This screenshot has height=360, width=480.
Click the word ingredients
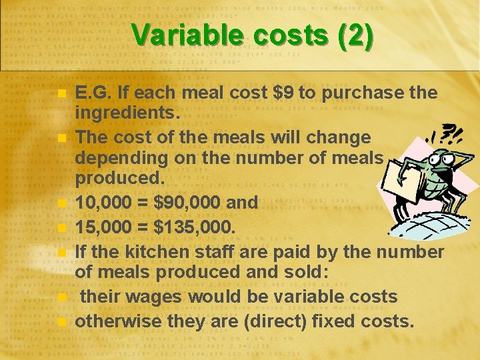[x=127, y=113]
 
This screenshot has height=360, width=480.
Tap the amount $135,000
[x=194, y=227]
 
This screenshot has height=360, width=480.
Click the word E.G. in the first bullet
[x=94, y=93]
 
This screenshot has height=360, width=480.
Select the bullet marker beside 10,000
[x=61, y=203]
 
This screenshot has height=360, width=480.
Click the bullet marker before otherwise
[x=61, y=322]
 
